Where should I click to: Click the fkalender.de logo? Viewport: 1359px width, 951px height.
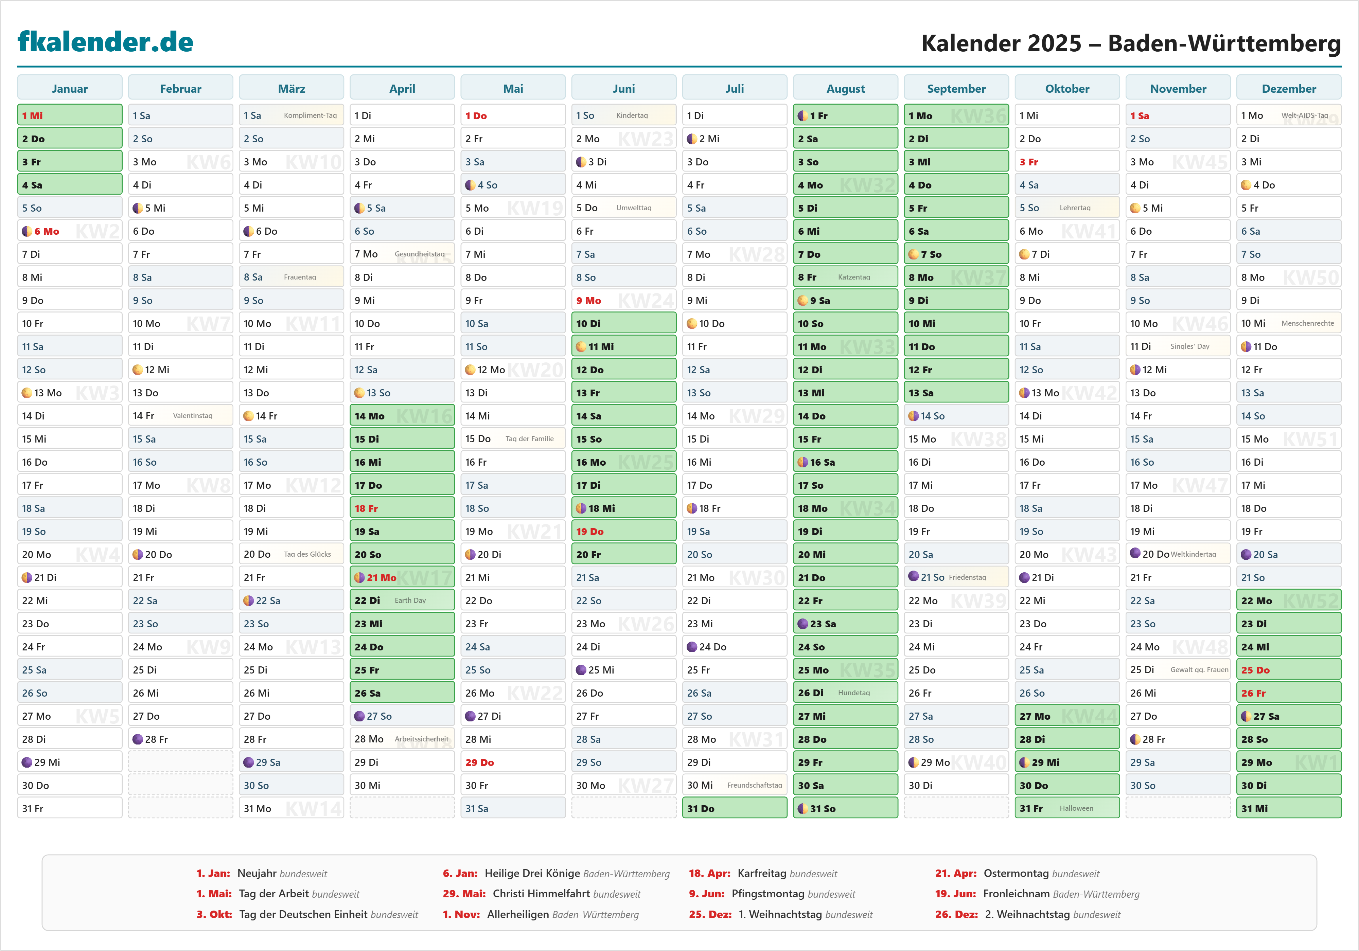[x=105, y=42]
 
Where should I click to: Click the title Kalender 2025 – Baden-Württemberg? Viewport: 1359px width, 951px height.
[x=1131, y=43]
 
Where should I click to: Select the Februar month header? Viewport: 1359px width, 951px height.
[x=180, y=88]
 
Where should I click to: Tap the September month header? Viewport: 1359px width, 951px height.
[x=956, y=88]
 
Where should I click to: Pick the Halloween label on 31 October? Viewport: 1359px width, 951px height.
[x=1076, y=808]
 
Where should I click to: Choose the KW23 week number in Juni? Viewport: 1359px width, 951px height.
[x=646, y=139]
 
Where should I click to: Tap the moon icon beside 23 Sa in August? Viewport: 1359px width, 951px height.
[x=803, y=624]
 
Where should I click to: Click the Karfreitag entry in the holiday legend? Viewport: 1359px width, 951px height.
[x=762, y=874]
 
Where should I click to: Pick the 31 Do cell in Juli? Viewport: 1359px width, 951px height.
[x=734, y=808]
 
